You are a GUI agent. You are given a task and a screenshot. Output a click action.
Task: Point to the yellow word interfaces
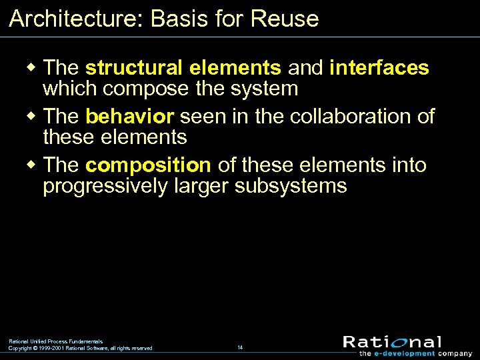379,67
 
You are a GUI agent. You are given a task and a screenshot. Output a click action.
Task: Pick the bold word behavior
130,117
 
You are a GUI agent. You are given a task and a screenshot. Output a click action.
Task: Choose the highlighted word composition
148,165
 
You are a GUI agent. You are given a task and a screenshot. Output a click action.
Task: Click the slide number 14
240,347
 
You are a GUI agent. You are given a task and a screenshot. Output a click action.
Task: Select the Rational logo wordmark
392,342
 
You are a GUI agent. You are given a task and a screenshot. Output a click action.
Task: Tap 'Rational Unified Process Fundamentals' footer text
55,341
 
